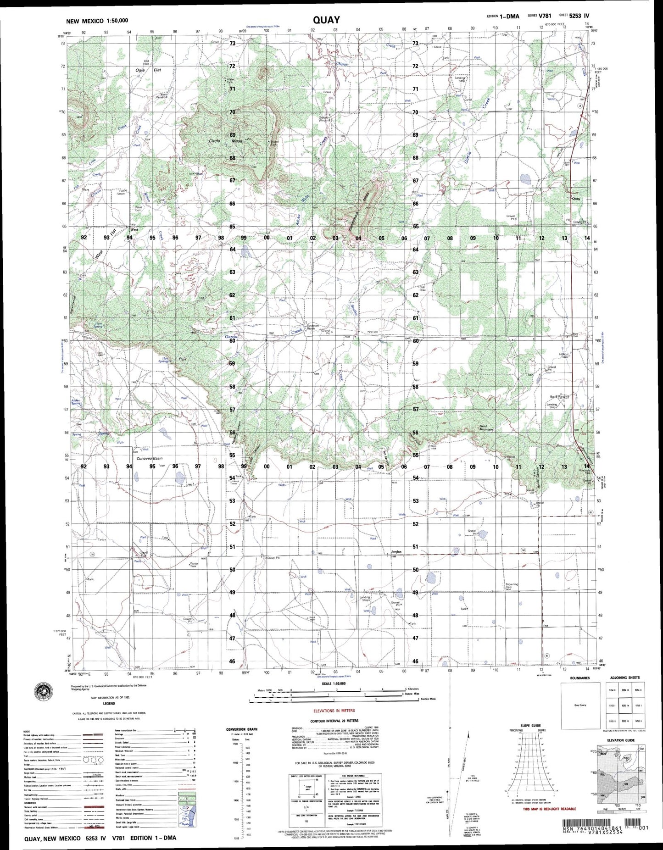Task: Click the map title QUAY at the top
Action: coord(326,20)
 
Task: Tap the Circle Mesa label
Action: coord(225,141)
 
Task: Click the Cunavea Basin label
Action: coord(149,458)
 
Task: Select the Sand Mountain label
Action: coord(486,428)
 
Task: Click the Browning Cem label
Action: coord(512,586)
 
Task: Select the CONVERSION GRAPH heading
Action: coord(242,729)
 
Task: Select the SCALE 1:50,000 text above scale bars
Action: coord(334,684)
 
